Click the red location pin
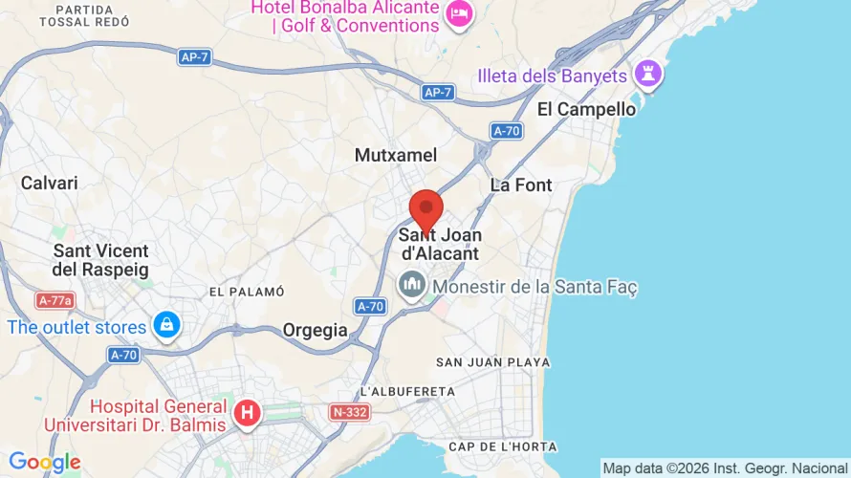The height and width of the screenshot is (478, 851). [x=425, y=209]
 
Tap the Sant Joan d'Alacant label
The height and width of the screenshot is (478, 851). [x=439, y=244]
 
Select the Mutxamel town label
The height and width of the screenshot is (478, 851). [x=396, y=155]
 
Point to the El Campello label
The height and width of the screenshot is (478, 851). [x=586, y=109]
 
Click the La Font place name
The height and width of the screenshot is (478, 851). [x=521, y=185]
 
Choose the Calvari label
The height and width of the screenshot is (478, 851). [x=50, y=183]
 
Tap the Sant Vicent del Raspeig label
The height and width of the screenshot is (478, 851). [x=100, y=260]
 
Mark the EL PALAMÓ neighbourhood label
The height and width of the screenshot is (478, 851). [x=247, y=292]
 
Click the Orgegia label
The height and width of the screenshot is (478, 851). [x=316, y=330]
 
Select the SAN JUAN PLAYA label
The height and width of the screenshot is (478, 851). [x=492, y=362]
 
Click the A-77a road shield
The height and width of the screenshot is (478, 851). [x=55, y=300]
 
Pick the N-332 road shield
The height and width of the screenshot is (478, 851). [x=350, y=412]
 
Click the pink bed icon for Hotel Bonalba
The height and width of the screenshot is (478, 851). [x=460, y=14]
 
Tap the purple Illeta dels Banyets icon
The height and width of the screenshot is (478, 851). [x=649, y=75]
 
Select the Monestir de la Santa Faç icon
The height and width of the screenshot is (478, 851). [x=413, y=285]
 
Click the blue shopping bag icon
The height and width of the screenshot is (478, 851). [x=167, y=325]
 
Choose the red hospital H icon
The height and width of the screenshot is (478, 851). [x=248, y=414]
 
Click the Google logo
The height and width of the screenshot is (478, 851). [x=44, y=463]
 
